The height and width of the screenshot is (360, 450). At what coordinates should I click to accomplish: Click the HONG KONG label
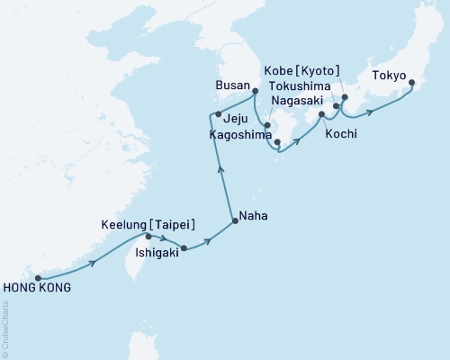[x=37, y=289]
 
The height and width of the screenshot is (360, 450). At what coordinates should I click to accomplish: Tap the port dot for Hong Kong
[x=37, y=277]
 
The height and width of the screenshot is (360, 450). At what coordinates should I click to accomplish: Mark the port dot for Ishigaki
[x=184, y=247]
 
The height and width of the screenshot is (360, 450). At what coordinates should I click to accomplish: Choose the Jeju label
[x=235, y=117]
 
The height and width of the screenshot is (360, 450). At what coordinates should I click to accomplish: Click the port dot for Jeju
[x=219, y=113]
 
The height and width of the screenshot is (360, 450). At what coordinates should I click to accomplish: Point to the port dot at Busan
[x=255, y=91]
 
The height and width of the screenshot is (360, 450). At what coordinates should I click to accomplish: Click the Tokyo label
[x=389, y=76]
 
